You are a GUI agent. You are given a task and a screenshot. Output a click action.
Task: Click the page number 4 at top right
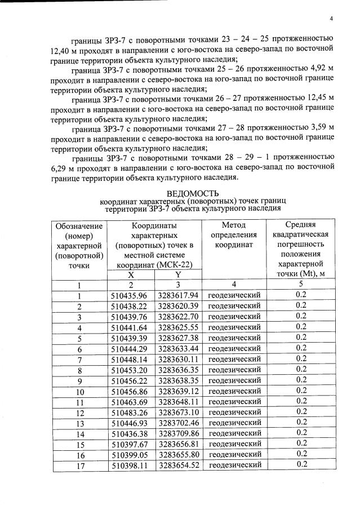pyautogui.click(x=331, y=19)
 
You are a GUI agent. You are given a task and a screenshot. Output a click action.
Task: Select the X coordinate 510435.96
pyautogui.click(x=129, y=295)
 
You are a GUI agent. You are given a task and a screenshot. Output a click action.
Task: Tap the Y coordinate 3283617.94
pyautogui.click(x=178, y=295)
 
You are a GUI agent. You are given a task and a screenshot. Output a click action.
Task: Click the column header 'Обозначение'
pyautogui.click(x=79, y=225)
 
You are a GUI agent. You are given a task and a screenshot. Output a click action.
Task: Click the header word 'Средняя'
pyautogui.click(x=300, y=225)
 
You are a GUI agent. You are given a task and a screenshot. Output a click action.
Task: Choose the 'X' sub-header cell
pyautogui.click(x=131, y=274)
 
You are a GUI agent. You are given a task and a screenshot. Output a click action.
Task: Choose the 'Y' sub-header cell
pyautogui.click(x=178, y=274)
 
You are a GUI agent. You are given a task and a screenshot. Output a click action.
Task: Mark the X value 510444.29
pyautogui.click(x=129, y=348)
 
